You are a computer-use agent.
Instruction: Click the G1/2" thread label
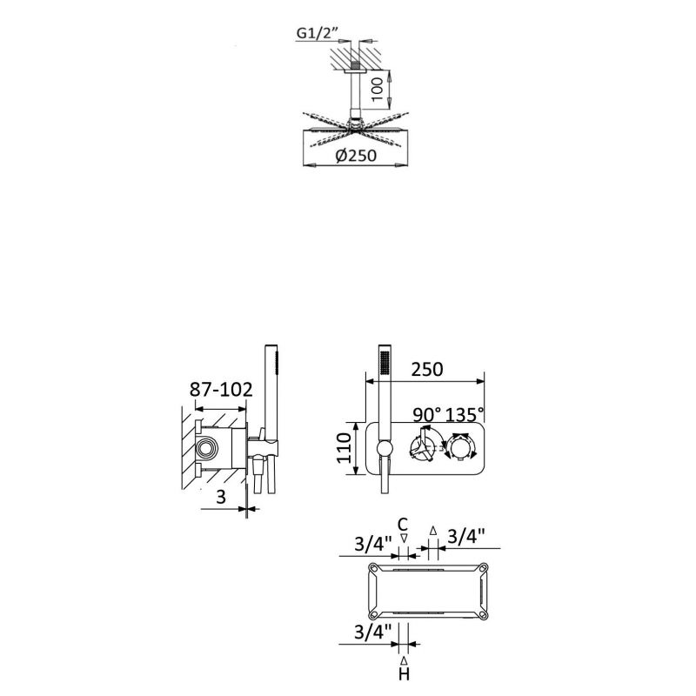tap(318, 33)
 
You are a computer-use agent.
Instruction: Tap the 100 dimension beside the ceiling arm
tap(377, 90)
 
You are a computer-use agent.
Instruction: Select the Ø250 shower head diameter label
tap(356, 156)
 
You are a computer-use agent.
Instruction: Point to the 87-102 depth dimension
tap(221, 390)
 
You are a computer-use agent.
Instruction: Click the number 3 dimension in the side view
tap(221, 497)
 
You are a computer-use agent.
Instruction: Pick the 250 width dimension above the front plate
tap(427, 369)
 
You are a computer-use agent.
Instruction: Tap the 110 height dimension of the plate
tap(345, 448)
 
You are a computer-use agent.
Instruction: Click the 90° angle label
tap(427, 415)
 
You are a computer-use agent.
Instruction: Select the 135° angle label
tap(465, 415)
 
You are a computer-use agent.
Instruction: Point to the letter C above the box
tap(403, 525)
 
